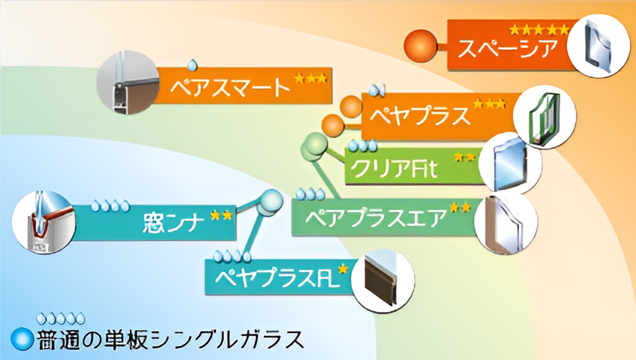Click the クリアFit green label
point(394,169)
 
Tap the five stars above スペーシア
point(539,30)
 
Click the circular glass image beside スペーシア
point(598,46)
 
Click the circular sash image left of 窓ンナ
point(43,222)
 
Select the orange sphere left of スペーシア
point(420,45)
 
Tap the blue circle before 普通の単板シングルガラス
point(22,338)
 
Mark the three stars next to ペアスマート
point(310,79)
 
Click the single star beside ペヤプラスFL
point(342,269)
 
